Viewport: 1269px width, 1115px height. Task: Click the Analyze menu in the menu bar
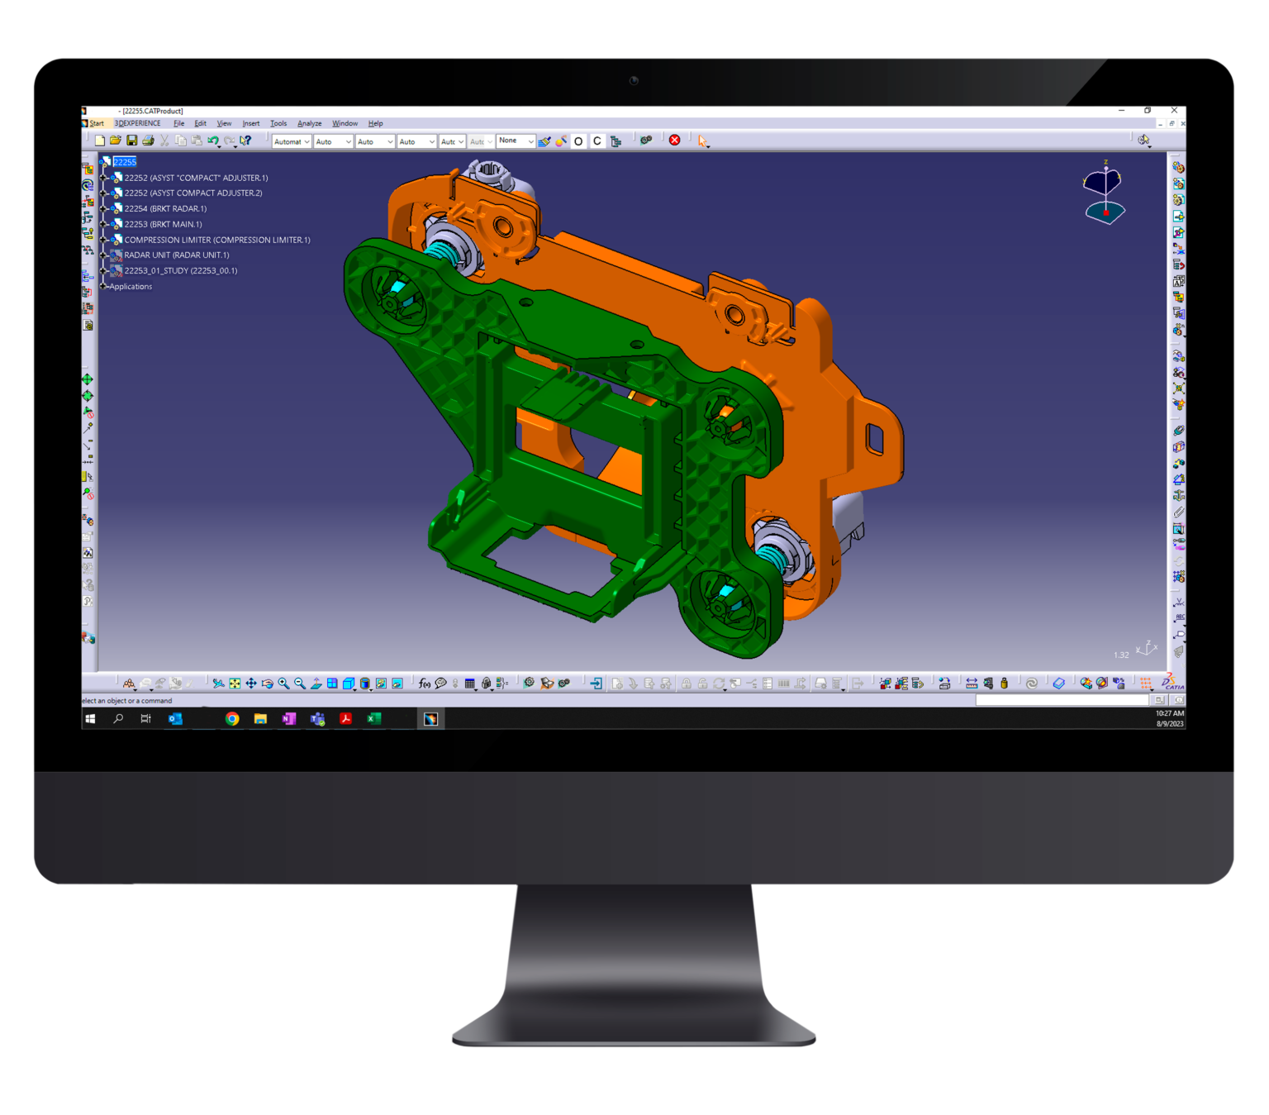point(309,124)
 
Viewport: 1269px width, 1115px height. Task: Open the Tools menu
point(278,124)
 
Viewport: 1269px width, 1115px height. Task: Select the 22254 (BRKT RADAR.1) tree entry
point(165,209)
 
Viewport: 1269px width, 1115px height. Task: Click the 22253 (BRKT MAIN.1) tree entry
point(163,225)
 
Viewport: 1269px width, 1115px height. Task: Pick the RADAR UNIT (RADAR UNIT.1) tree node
point(176,255)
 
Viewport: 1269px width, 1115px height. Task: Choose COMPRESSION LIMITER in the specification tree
point(216,241)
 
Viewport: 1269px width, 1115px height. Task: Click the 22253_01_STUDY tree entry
point(180,271)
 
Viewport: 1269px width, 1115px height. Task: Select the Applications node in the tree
point(131,287)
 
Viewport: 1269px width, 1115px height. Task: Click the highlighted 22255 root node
point(125,163)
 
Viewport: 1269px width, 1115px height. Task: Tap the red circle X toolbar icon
point(674,141)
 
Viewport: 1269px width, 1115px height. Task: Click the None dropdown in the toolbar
point(516,141)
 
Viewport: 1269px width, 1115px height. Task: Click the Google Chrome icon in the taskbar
point(232,719)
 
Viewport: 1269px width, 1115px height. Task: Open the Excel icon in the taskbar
point(373,719)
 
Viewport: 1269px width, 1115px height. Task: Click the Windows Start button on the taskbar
point(90,719)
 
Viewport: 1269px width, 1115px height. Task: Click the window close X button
point(1174,111)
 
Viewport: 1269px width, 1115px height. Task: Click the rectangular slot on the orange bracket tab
point(874,439)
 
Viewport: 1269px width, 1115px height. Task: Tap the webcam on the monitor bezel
point(634,81)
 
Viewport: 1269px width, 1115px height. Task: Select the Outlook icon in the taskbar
point(175,719)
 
